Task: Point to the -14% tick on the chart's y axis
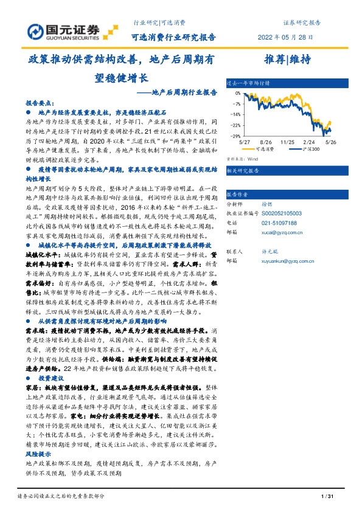pos(234,114)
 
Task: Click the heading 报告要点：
pos(40,104)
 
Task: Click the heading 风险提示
pos(38,454)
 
